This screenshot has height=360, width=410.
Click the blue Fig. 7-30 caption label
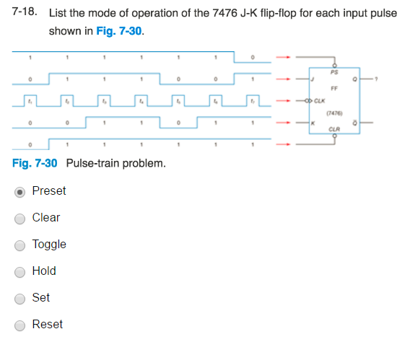[x=35, y=163]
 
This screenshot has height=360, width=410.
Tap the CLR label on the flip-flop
[x=333, y=130]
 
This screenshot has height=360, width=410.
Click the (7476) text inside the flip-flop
[x=333, y=113]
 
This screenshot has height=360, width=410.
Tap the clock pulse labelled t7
[x=253, y=102]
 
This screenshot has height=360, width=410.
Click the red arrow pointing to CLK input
[x=286, y=102]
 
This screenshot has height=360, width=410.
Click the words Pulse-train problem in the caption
[x=115, y=163]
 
